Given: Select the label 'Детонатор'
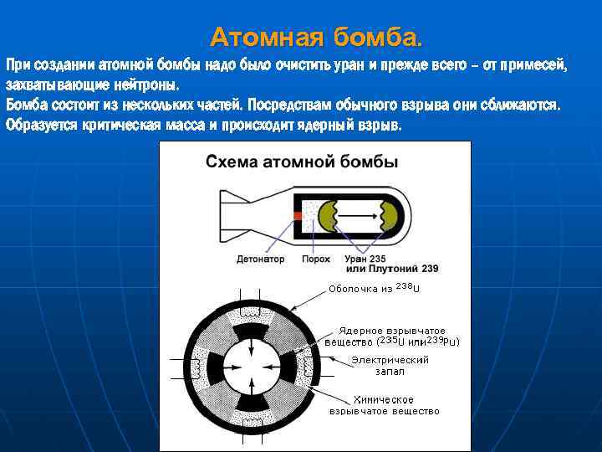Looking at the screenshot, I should pyautogui.click(x=260, y=259).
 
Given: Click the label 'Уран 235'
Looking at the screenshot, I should pyautogui.click(x=365, y=259).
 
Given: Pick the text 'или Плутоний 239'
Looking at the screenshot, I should pyautogui.click(x=391, y=269).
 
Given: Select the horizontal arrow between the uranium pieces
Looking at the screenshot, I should pyautogui.click(x=357, y=215).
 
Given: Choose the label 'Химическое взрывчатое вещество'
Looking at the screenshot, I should pyautogui.click(x=384, y=405).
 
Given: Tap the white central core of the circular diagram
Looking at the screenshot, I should pyautogui.click(x=252, y=367).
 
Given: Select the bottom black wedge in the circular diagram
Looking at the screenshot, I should pyautogui.click(x=252, y=402).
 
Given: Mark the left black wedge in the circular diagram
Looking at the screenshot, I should pyautogui.click(x=216, y=367).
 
